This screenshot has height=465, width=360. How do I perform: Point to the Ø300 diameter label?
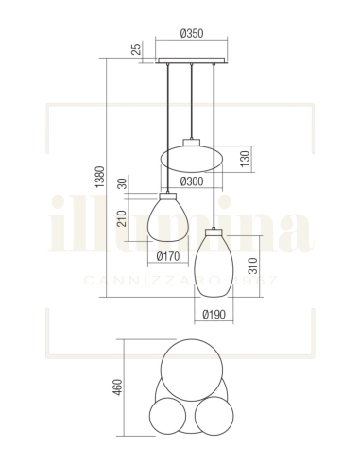point(192,181)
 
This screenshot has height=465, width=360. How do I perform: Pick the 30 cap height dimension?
point(122,184)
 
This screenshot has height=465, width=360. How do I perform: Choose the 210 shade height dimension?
point(122,218)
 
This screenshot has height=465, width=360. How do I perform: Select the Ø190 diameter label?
point(214,315)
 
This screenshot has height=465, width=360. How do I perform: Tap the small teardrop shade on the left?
point(167,219)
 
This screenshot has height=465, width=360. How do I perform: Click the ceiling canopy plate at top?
point(192,61)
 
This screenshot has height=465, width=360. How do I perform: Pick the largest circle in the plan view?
point(192,366)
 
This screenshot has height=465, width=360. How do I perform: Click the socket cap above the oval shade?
point(192,141)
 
